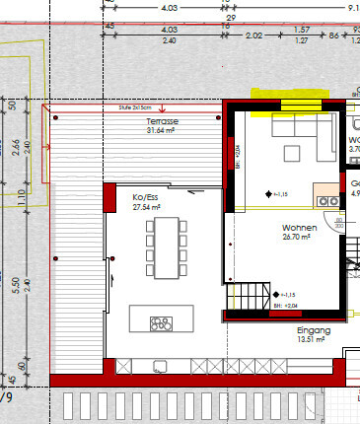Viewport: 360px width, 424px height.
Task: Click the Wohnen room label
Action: click(x=296, y=227)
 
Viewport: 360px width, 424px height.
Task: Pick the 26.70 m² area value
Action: click(x=296, y=237)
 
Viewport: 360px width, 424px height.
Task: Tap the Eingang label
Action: click(x=314, y=332)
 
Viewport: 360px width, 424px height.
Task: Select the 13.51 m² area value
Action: click(x=314, y=342)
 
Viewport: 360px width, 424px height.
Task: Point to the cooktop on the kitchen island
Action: click(x=159, y=322)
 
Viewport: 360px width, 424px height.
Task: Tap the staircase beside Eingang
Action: click(x=249, y=294)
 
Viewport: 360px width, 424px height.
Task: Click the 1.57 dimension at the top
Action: click(x=302, y=30)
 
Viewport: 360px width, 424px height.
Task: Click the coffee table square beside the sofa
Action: click(x=293, y=152)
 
